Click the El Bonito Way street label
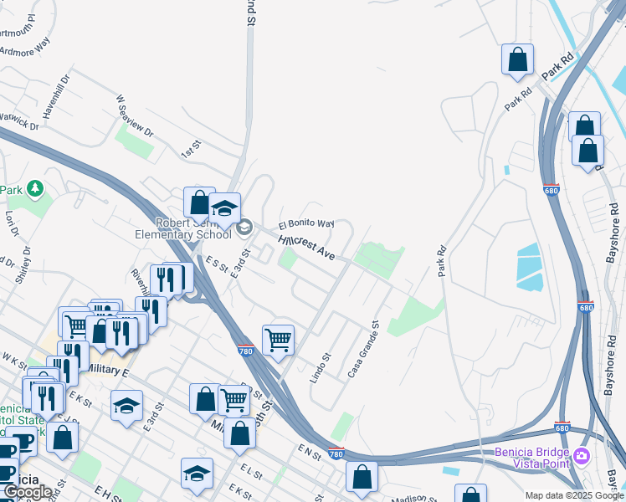click(306, 224)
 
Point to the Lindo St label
click(321, 367)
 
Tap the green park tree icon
click(35, 189)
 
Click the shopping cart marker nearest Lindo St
click(278, 340)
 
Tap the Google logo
click(28, 492)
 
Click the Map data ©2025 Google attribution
click(574, 495)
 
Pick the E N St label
click(310, 451)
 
